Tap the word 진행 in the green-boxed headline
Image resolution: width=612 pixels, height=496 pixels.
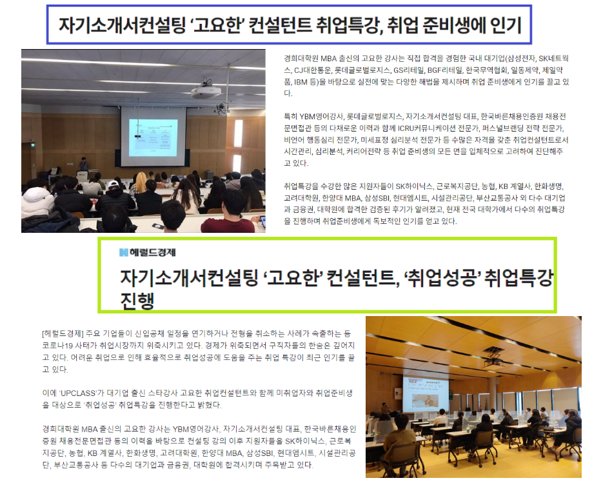[x=137, y=301]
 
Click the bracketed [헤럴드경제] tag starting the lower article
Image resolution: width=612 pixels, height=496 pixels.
[x=63, y=333]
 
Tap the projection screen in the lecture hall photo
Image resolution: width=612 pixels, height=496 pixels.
[x=153, y=137]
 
